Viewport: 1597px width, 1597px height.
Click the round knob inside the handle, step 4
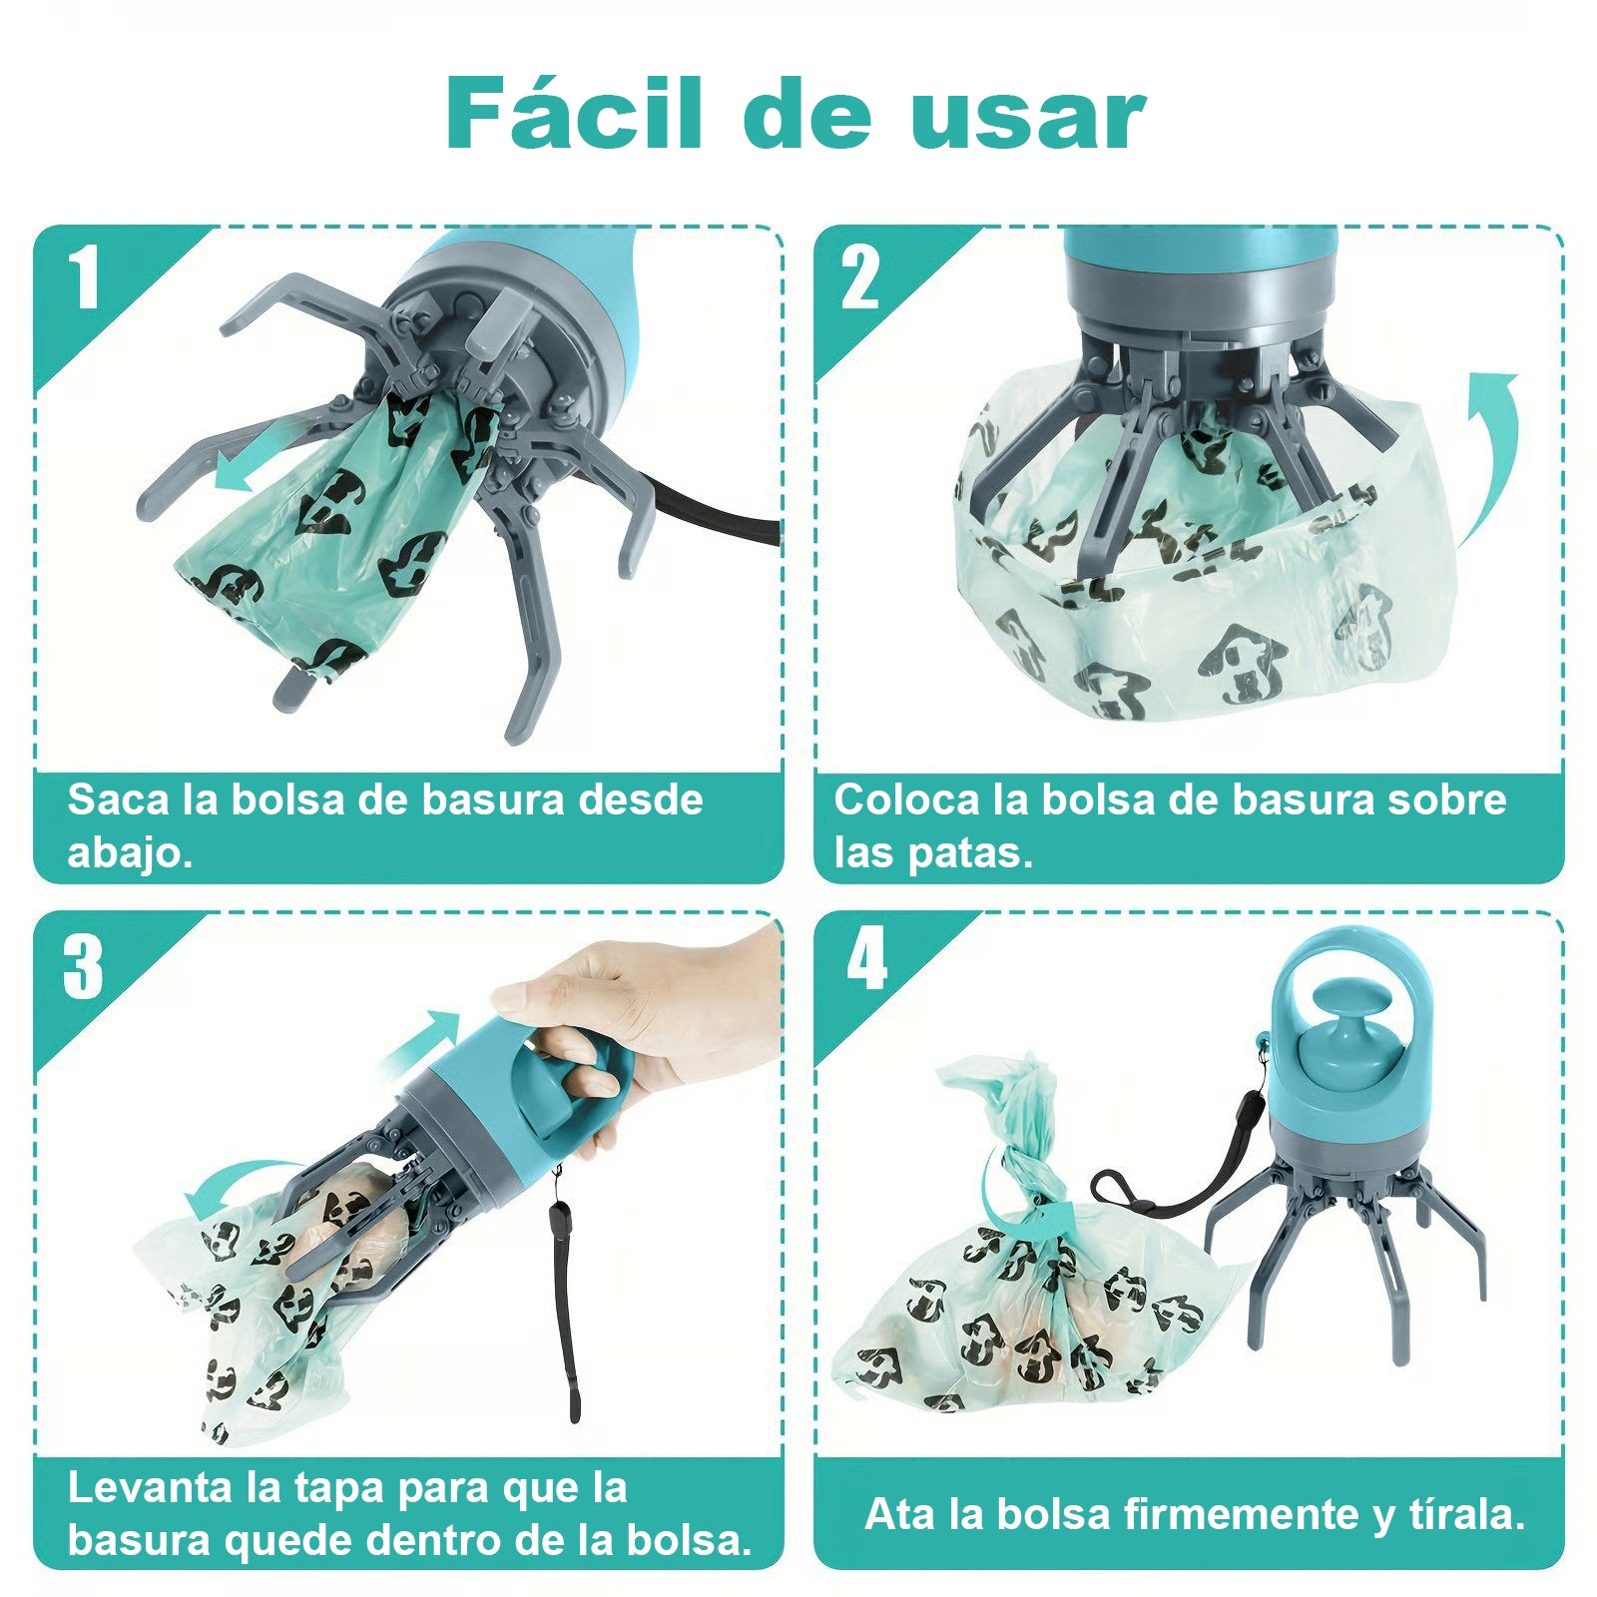pos(1338,1028)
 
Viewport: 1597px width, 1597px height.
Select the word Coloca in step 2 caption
pos(906,800)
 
